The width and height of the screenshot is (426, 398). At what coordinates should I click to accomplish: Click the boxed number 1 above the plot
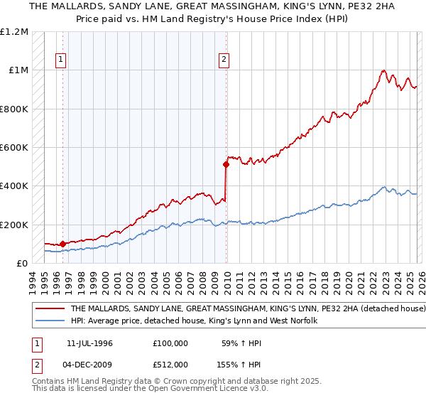(x=62, y=60)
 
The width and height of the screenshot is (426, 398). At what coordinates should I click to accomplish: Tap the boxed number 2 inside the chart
(x=224, y=60)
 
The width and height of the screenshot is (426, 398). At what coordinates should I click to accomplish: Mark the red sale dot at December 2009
(x=226, y=165)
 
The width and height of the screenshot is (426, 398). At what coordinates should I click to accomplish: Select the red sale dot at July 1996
(x=62, y=244)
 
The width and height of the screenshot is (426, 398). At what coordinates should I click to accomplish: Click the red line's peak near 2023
(x=383, y=70)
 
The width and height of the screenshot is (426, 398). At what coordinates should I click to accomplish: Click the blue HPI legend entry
(x=198, y=321)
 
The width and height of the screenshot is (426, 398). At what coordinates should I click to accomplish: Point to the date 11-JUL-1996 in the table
(x=89, y=343)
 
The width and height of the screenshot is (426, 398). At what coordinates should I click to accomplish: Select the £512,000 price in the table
(x=170, y=363)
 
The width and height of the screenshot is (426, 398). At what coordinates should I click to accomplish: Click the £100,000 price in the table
(x=170, y=343)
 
